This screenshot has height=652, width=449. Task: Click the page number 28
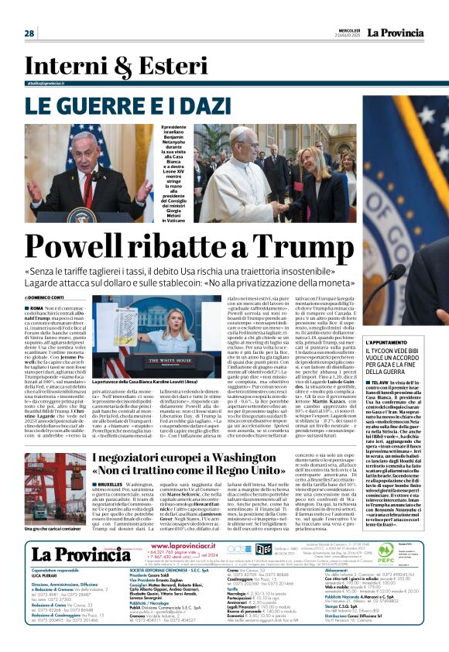coord(29,33)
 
